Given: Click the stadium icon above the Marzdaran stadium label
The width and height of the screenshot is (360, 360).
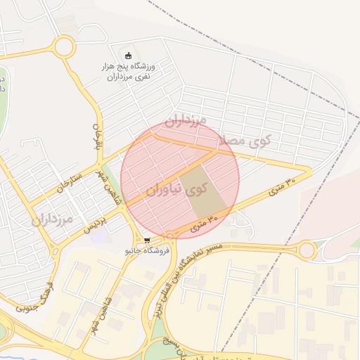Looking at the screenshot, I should coord(128,56).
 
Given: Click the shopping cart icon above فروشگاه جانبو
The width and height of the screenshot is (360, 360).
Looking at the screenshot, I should coord(146,240).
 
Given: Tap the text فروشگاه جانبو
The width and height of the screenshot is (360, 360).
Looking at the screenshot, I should coord(147,250).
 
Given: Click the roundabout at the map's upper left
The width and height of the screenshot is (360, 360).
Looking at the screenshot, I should coord(63,48).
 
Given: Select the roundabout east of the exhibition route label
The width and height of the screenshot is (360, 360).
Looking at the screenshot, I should coord(307,250).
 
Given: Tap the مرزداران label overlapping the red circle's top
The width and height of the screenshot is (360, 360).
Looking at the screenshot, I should coord(186,120).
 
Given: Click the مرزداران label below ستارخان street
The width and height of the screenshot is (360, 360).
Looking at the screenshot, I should coord(52,220).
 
